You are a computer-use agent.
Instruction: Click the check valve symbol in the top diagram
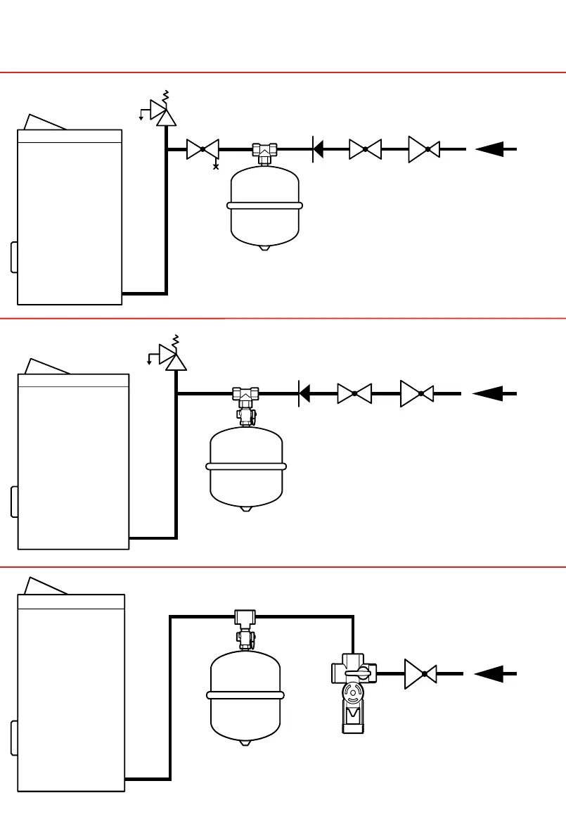[317, 149]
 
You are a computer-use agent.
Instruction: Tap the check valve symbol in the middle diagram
[304, 393]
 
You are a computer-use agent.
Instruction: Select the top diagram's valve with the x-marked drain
[202, 149]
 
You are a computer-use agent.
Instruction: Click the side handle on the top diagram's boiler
[14, 257]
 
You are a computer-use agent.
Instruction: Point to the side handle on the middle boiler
[14, 502]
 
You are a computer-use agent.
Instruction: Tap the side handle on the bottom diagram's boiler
[14, 737]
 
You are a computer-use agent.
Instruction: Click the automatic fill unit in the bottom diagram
[354, 693]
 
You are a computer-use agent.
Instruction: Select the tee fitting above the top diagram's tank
[265, 151]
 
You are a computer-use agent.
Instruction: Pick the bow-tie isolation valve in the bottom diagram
[420, 673]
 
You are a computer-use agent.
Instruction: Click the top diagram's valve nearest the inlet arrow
[424, 149]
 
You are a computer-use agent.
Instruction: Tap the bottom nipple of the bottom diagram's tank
[245, 742]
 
